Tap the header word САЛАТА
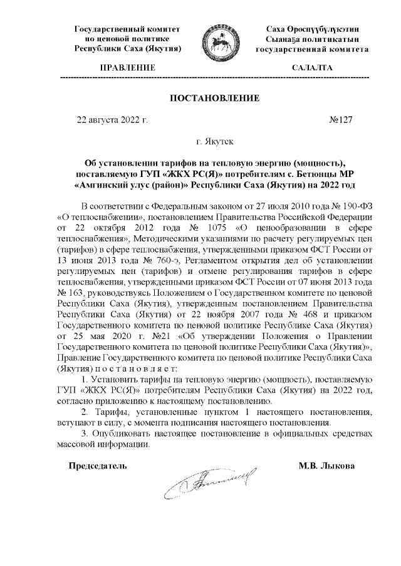click(x=312, y=68)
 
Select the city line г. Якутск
click(x=215, y=143)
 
